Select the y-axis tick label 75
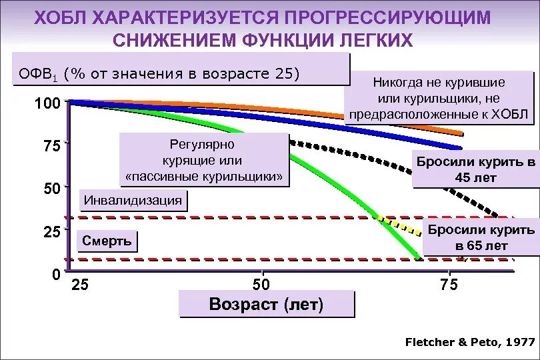pyautogui.click(x=51, y=146)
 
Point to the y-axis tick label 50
pyautogui.click(x=51, y=189)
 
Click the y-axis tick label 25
pyautogui.click(x=51, y=232)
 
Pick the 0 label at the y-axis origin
pyautogui.click(x=57, y=275)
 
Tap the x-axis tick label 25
pyautogui.click(x=79, y=286)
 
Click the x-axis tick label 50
pyautogui.click(x=261, y=286)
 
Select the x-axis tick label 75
pyautogui.click(x=449, y=286)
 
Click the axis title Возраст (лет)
pyautogui.click(x=266, y=305)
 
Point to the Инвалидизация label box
pyautogui.click(x=133, y=200)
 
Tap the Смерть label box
pyautogui.click(x=107, y=241)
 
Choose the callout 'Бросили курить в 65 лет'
pyautogui.click(x=481, y=237)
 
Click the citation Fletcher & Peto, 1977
pyautogui.click(x=470, y=342)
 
